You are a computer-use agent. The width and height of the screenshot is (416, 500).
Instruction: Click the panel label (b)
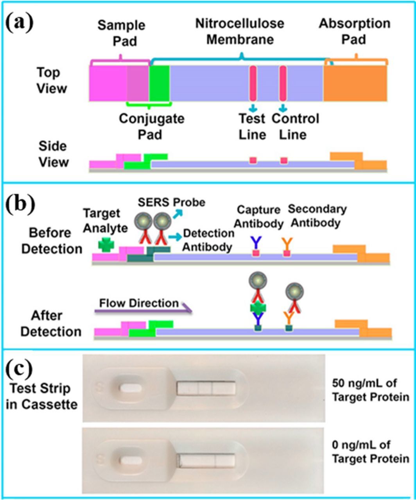tap(20, 203)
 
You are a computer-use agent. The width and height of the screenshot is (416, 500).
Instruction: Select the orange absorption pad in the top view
tap(355, 83)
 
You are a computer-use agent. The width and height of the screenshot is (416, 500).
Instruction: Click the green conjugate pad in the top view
tap(159, 83)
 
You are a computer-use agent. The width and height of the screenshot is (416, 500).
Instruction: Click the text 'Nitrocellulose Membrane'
tap(240, 31)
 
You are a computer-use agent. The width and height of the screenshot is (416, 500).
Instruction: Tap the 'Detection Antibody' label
tap(208, 239)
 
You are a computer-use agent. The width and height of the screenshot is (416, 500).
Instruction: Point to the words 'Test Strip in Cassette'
tap(41, 397)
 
